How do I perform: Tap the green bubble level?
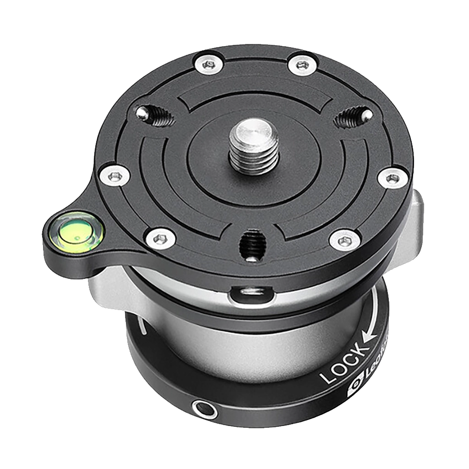[76, 233]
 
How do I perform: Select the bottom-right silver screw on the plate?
[345, 239]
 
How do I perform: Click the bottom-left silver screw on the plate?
[159, 238]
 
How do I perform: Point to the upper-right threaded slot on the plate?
[353, 117]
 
